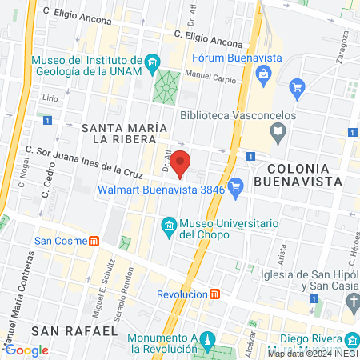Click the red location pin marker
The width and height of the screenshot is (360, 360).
(x=182, y=163)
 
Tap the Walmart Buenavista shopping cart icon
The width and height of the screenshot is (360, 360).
(x=235, y=190)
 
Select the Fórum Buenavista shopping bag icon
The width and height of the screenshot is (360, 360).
(x=262, y=74)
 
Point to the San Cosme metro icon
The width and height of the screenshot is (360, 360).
(x=93, y=240)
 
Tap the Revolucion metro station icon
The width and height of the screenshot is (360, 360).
(x=214, y=294)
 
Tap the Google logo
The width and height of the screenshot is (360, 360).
(x=26, y=350)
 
